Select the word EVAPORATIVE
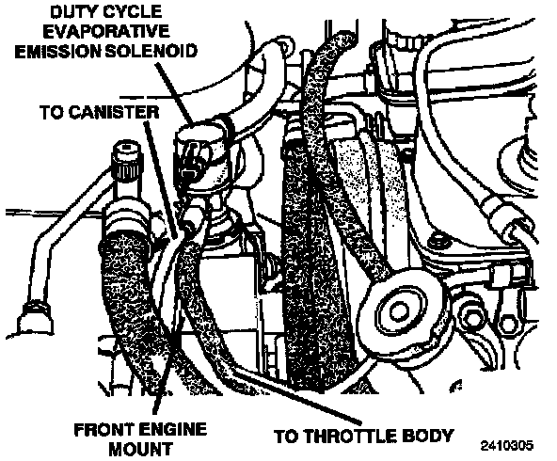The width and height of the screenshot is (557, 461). tap(106, 32)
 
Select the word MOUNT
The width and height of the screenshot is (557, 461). tap(141, 449)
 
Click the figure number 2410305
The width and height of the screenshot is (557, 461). tap(507, 446)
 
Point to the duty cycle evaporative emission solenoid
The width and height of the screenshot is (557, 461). tap(201, 155)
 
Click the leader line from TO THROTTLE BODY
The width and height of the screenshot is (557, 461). tap(296, 396)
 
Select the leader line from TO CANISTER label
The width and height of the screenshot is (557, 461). tap(161, 180)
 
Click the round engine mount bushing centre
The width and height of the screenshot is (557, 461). tap(397, 311)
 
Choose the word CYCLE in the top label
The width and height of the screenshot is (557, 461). tap(132, 12)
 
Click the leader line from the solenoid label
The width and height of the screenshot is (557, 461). tap(174, 92)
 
